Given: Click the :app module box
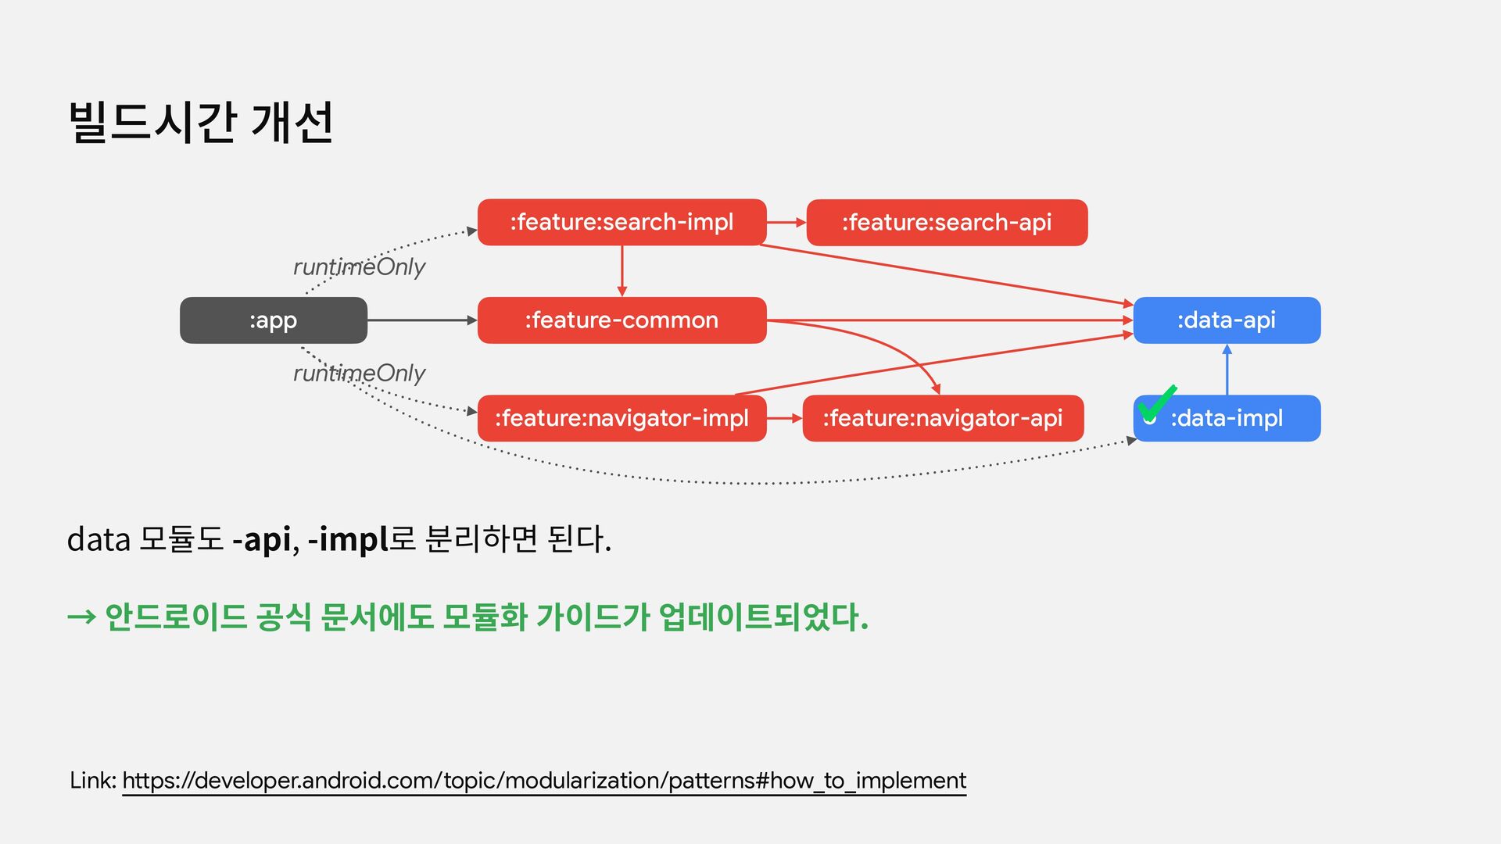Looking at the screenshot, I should tap(273, 320).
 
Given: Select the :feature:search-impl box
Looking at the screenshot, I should tap(622, 223).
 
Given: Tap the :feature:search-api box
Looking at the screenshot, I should tap(946, 223).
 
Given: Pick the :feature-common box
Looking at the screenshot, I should tap(622, 320).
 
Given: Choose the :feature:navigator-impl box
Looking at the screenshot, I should tap(622, 418).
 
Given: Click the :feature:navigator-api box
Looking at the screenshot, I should tap(942, 418).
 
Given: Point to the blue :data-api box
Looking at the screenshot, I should tap(1226, 320).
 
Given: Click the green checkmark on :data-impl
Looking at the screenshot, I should tap(1156, 403).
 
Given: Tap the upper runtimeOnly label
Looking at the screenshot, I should tap(359, 267).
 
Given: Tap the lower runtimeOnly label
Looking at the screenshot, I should tap(359, 374).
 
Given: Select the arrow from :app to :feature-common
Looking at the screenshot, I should tap(421, 320).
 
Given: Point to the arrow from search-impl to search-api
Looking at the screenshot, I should tap(786, 223).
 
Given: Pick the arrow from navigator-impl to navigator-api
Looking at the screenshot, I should tap(784, 418).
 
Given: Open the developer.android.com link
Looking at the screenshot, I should tap(543, 781).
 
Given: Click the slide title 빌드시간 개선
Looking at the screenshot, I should tap(201, 123).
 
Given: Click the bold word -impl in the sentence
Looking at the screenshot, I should tap(348, 539).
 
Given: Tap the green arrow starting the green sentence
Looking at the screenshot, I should tap(81, 618).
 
